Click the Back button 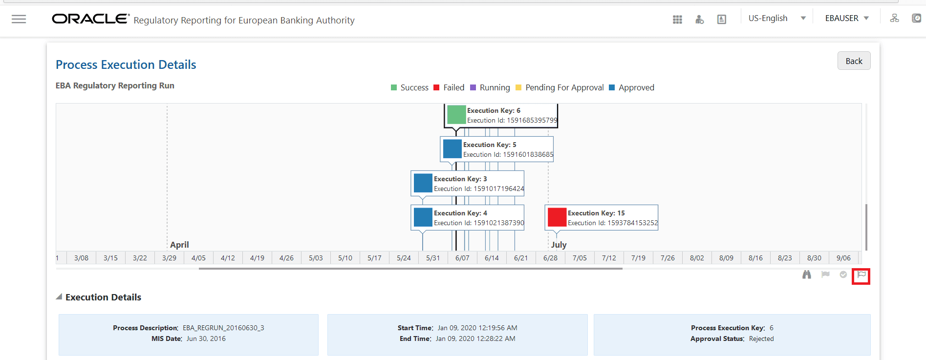tap(854, 61)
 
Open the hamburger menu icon tap(19, 19)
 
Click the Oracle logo tap(90, 19)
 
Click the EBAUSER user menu tap(847, 19)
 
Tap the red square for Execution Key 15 tap(557, 217)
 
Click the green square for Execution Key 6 tap(456, 115)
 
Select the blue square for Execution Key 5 tap(452, 149)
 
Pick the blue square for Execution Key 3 tap(423, 183)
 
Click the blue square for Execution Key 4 tap(423, 217)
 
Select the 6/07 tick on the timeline tap(462, 258)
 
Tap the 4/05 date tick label tap(198, 258)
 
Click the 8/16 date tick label tap(755, 258)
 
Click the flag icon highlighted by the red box tap(861, 275)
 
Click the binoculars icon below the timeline tap(807, 275)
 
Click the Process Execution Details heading tap(126, 64)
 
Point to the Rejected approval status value tap(761, 339)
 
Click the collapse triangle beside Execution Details tap(59, 297)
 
